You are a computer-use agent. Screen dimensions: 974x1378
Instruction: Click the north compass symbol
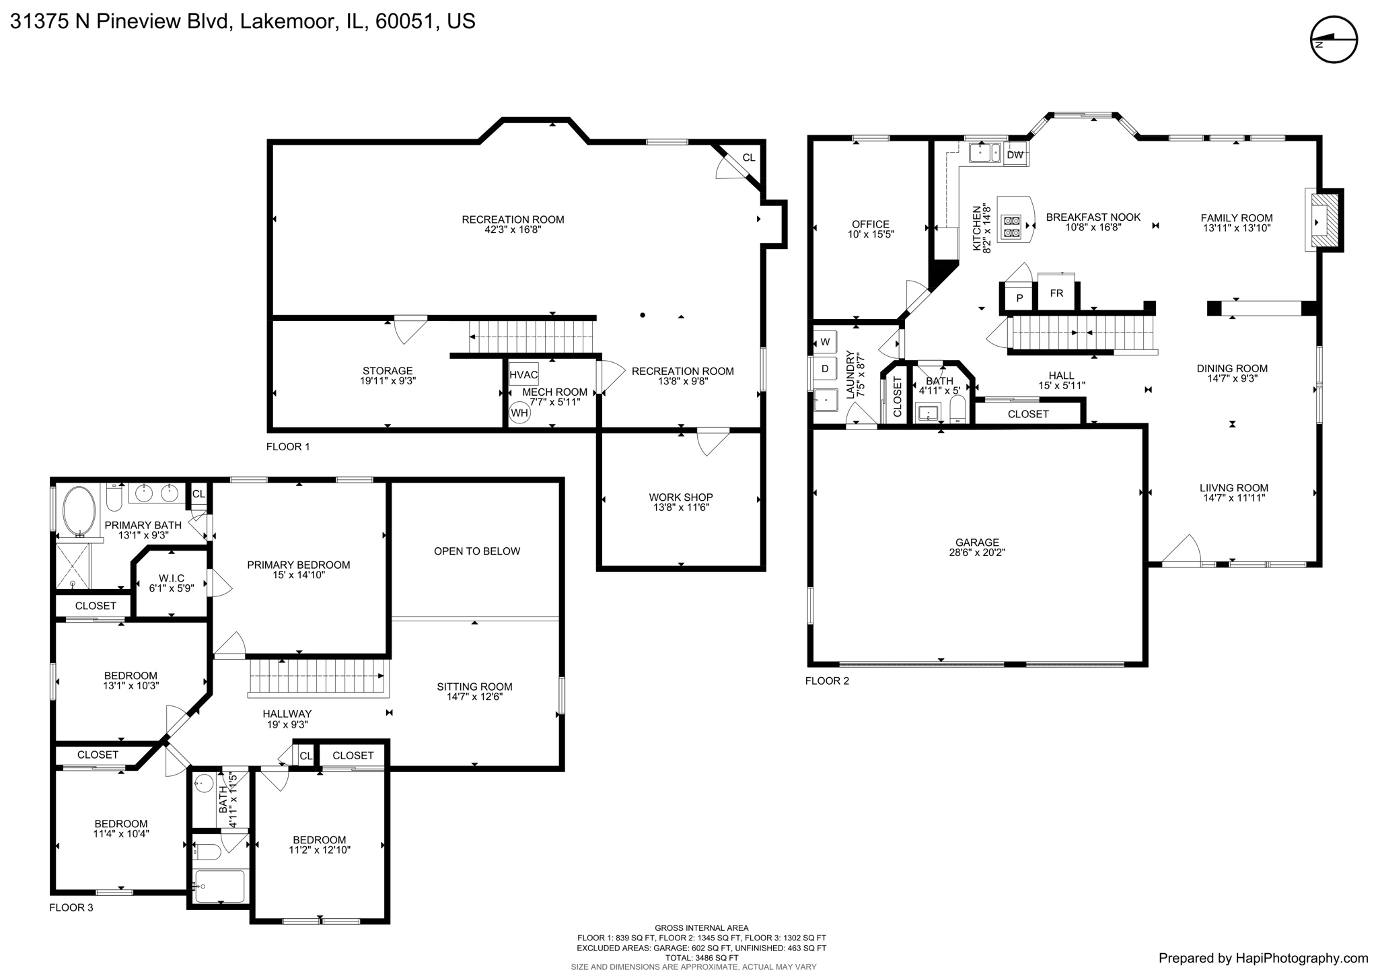[1334, 40]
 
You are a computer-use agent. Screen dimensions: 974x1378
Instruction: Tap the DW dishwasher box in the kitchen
[1015, 155]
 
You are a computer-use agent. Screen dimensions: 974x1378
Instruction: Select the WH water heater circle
[519, 412]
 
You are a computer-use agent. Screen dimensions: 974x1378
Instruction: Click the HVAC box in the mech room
[523, 375]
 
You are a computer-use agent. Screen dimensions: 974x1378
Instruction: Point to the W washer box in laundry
[825, 342]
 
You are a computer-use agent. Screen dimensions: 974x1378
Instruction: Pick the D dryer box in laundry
[825, 369]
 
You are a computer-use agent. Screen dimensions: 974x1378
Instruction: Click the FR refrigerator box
[1056, 293]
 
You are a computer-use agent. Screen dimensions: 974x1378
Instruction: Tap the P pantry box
[1020, 298]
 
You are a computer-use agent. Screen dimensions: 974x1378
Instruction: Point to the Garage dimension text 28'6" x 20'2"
[977, 553]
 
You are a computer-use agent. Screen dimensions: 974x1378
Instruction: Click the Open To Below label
[476, 551]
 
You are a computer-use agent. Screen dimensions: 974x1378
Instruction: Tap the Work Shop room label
[681, 497]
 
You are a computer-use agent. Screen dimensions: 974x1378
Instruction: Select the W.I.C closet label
[172, 578]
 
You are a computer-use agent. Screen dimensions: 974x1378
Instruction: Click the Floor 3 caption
[71, 907]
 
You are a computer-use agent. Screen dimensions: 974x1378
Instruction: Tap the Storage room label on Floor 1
[388, 371]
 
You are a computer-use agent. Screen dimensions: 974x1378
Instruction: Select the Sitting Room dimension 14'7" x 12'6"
[474, 697]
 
